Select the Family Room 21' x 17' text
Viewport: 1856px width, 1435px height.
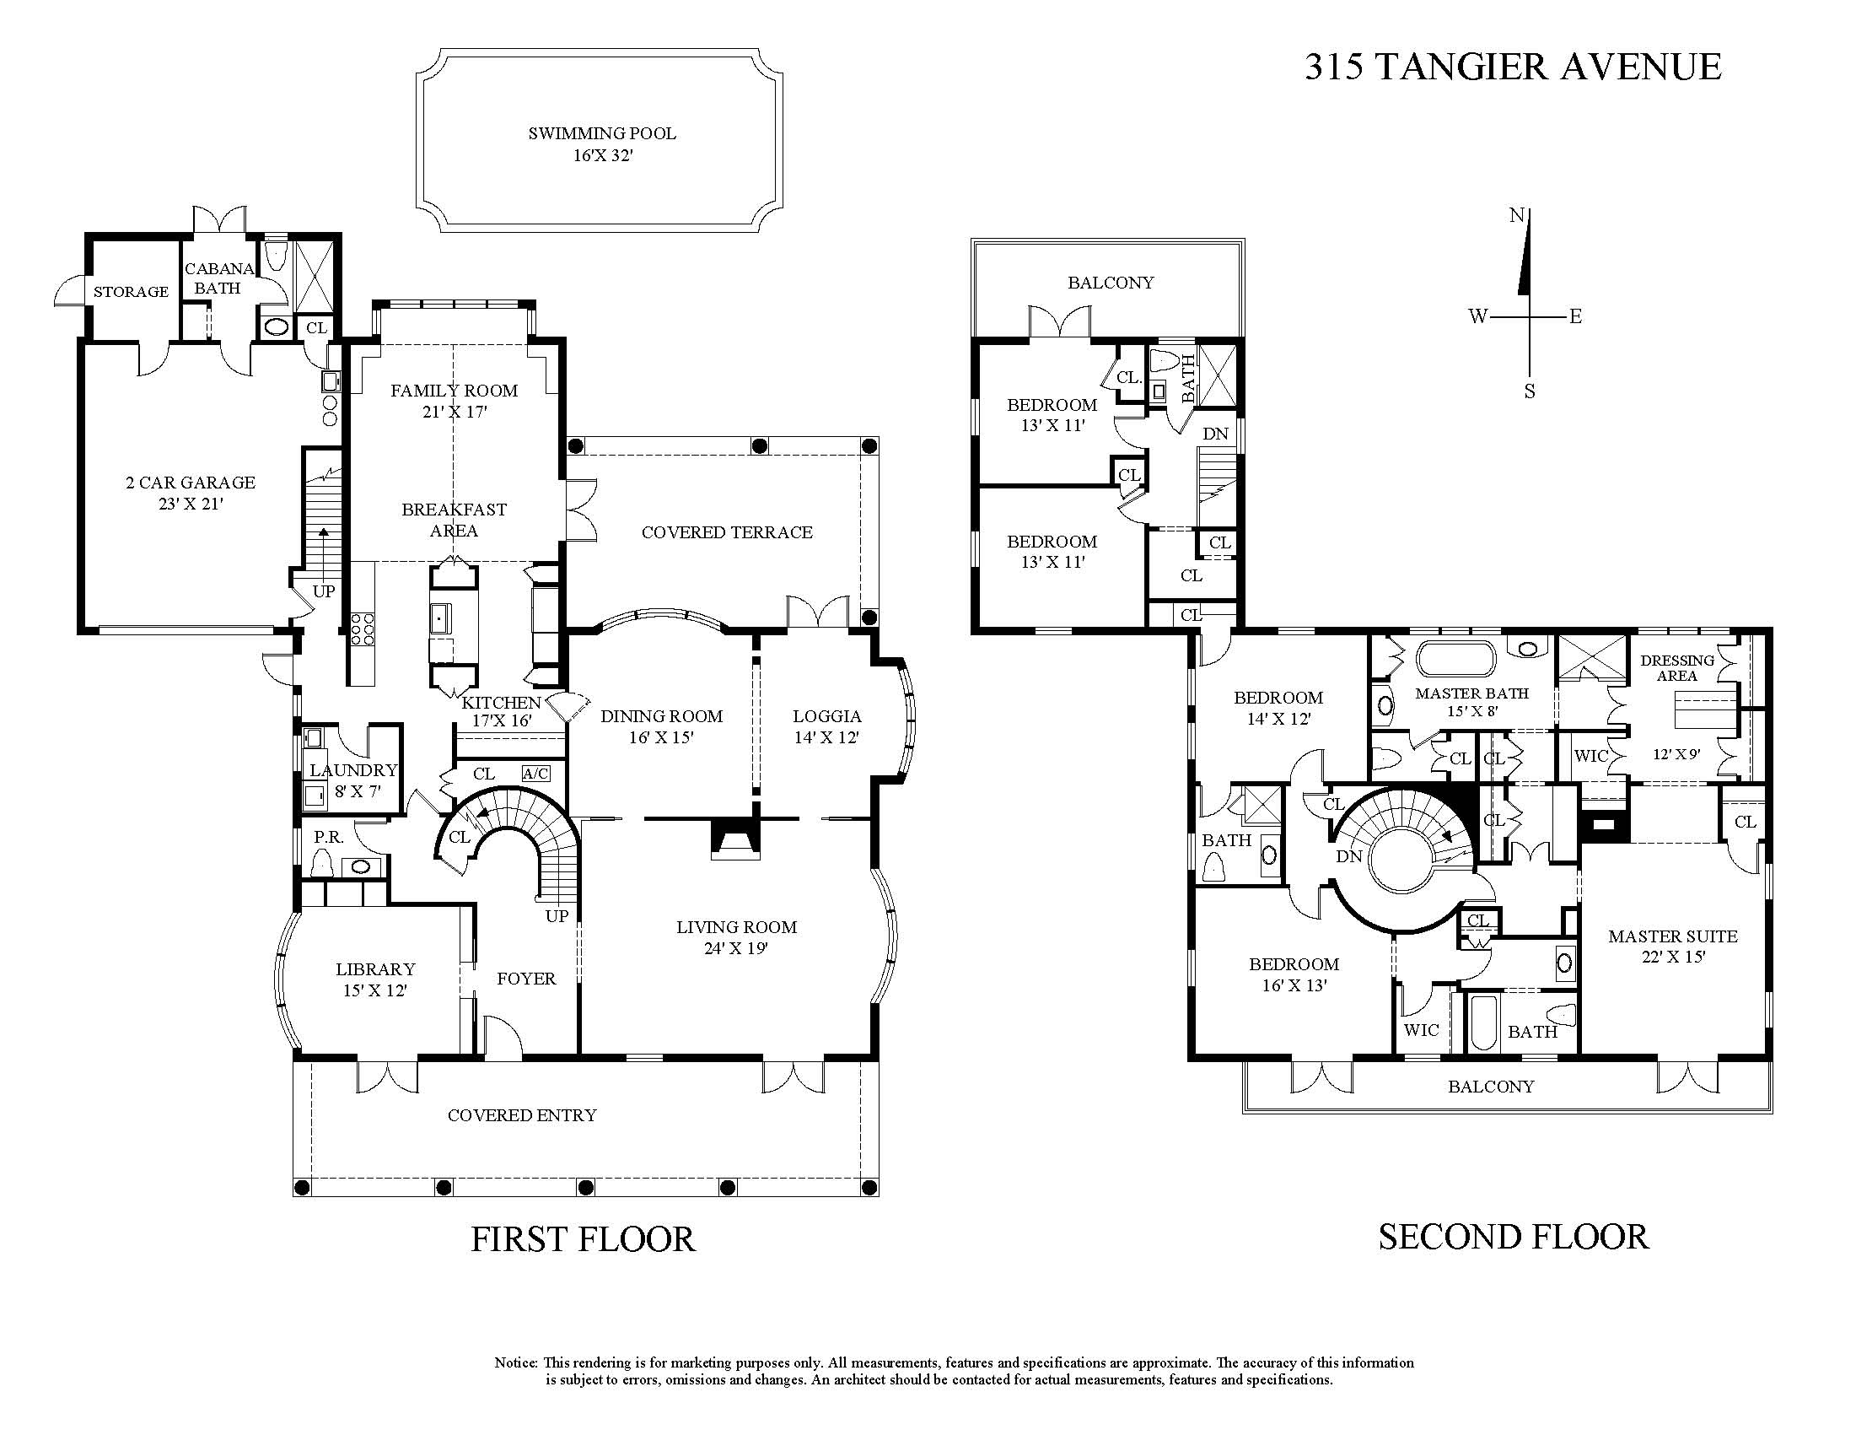(455, 402)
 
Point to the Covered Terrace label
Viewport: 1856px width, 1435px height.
(728, 532)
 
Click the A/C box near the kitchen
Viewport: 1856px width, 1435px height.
(535, 774)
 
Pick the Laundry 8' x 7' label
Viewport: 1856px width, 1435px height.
(353, 780)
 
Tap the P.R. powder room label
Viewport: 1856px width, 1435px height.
(328, 838)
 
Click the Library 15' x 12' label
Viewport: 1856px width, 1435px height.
(374, 979)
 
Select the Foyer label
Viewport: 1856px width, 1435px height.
(526, 979)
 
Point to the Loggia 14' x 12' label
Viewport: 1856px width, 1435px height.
(827, 727)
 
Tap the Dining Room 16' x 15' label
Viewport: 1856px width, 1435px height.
(662, 726)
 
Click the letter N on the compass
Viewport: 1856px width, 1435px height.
(1517, 215)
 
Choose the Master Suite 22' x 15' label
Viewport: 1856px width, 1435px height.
(1672, 947)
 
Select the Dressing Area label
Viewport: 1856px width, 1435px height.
(1676, 667)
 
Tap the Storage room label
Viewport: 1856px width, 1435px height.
(131, 292)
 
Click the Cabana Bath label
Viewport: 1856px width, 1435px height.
(219, 278)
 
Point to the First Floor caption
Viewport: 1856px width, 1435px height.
(583, 1238)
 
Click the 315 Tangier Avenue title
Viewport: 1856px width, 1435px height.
(1513, 67)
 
